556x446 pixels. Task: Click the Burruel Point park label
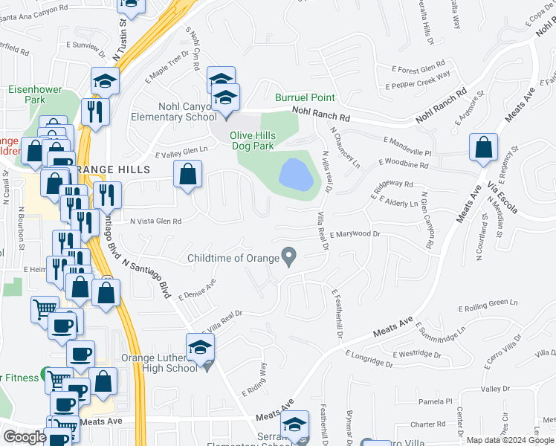[x=305, y=97]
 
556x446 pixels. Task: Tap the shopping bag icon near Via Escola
[x=484, y=149]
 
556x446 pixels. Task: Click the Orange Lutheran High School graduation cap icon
[x=200, y=348]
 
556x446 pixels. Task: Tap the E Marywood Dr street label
[x=355, y=234]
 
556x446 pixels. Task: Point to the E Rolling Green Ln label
[x=488, y=305]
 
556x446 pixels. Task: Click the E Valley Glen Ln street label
[x=181, y=152]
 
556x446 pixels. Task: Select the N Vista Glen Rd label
[x=156, y=221]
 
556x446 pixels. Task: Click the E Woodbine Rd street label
[x=404, y=164]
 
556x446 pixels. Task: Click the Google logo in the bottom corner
[x=25, y=436]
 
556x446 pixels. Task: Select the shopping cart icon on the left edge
[x=45, y=308]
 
